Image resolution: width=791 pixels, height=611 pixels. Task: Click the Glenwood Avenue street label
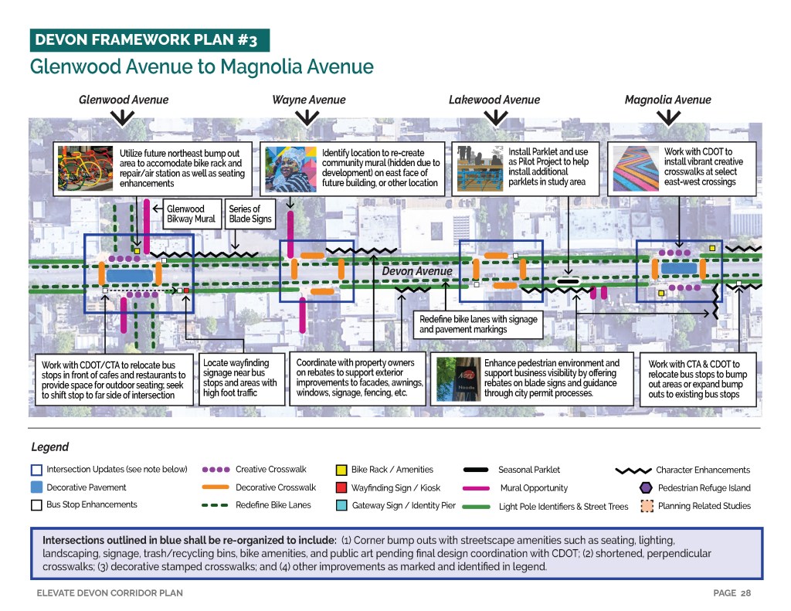click(x=124, y=100)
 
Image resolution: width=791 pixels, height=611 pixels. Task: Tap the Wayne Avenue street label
click(x=308, y=100)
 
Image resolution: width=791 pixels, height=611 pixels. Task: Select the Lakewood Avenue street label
click(x=494, y=100)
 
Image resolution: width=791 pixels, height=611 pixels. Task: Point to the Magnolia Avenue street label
click(x=667, y=100)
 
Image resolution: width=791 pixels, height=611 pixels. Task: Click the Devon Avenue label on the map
click(x=416, y=271)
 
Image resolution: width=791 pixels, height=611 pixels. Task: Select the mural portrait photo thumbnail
click(x=290, y=167)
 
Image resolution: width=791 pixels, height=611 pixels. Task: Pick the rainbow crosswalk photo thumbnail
click(x=636, y=167)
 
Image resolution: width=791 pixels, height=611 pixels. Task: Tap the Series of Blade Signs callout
click(x=250, y=214)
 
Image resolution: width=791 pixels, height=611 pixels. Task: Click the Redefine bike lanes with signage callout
click(x=477, y=324)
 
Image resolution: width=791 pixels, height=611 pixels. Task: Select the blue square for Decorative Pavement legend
click(x=36, y=487)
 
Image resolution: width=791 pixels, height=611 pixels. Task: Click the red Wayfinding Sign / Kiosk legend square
click(x=341, y=487)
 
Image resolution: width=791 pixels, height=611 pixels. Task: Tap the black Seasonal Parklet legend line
click(x=476, y=470)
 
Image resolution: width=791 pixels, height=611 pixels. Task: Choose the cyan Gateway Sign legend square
click(x=341, y=506)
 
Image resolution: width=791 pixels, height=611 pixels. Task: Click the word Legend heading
click(x=49, y=447)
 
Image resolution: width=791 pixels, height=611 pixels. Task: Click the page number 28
click(x=745, y=593)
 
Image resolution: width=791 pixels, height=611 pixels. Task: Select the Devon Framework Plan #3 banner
click(x=149, y=39)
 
